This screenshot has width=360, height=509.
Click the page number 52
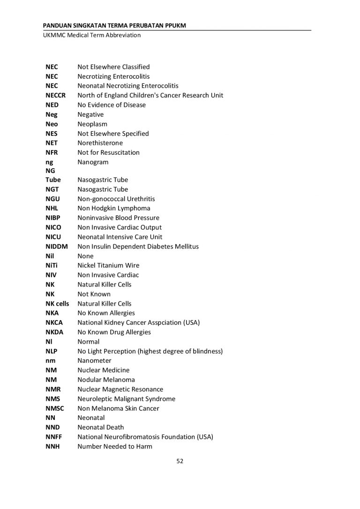(180, 461)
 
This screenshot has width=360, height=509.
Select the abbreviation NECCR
(55, 96)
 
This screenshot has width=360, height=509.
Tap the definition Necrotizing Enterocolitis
(113, 76)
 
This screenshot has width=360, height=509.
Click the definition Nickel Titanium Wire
(108, 265)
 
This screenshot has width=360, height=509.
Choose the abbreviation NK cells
(57, 304)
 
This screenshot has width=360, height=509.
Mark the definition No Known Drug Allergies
(114, 332)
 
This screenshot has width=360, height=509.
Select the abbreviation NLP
(52, 351)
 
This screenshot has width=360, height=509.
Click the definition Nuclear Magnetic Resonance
(120, 389)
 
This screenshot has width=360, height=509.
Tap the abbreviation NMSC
(54, 408)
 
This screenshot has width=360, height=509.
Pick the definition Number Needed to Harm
(115, 446)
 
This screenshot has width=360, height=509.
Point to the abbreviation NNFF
(53, 437)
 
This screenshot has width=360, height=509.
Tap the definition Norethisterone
(100, 143)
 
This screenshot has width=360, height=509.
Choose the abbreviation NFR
(52, 152)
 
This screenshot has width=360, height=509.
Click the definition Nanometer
(94, 361)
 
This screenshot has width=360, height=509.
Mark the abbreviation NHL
(52, 209)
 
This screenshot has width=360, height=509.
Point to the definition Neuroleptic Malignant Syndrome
(126, 399)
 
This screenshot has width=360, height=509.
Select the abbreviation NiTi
(51, 265)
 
